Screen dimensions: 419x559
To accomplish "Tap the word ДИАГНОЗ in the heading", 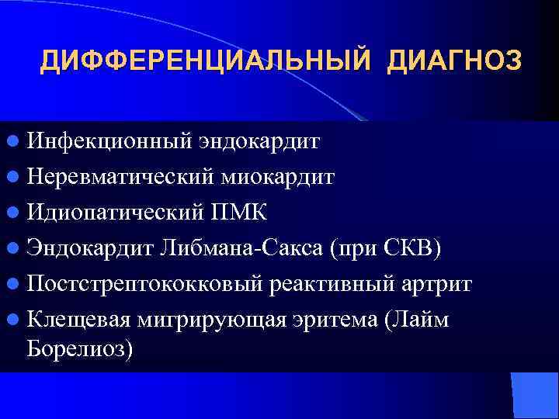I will coord(453,61).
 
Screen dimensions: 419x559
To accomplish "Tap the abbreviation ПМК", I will coord(248,211).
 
